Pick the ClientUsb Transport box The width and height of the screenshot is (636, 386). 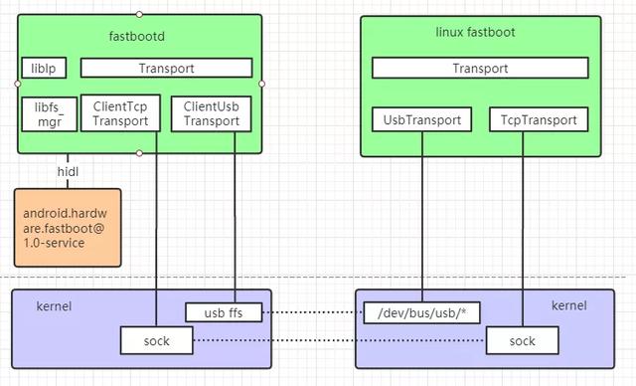pyautogui.click(x=211, y=113)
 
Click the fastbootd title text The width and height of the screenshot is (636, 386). pyautogui.click(x=139, y=37)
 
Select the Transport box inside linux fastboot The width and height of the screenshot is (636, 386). pyautogui.click(x=480, y=69)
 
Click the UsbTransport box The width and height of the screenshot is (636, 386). pyautogui.click(x=422, y=120)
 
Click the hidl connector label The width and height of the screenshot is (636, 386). pyautogui.click(x=68, y=171)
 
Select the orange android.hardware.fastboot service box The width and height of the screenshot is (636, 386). pyautogui.click(x=67, y=228)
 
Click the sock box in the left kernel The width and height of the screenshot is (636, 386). pyautogui.click(x=156, y=341)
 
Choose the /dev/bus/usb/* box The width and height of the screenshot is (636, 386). pyautogui.click(x=422, y=311)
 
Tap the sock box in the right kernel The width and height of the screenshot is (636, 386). pyautogui.click(x=522, y=341)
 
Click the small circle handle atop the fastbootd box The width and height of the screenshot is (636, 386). pyautogui.click(x=139, y=15)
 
